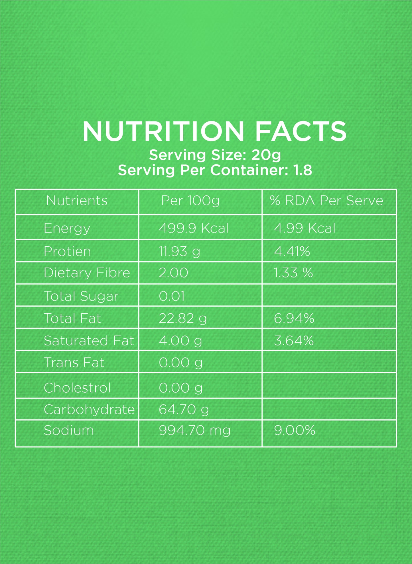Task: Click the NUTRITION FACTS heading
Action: (214, 131)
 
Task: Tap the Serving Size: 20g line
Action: (215, 155)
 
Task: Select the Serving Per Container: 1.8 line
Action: (215, 170)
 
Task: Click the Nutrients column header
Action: (77, 201)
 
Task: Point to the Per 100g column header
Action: (190, 201)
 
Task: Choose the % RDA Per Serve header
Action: (326, 201)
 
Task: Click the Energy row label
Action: (67, 228)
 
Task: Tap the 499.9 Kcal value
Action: (194, 228)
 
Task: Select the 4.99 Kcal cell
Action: (305, 228)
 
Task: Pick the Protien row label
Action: (67, 251)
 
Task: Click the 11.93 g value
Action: (179, 251)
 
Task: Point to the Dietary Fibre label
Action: (87, 273)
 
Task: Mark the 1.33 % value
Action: (293, 273)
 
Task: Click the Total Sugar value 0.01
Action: (172, 296)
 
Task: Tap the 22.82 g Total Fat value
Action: (183, 318)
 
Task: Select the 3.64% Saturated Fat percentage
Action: (294, 341)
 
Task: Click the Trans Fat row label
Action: (74, 363)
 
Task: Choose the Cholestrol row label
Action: (77, 388)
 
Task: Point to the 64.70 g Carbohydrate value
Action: (184, 409)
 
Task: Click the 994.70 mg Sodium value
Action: (195, 430)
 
